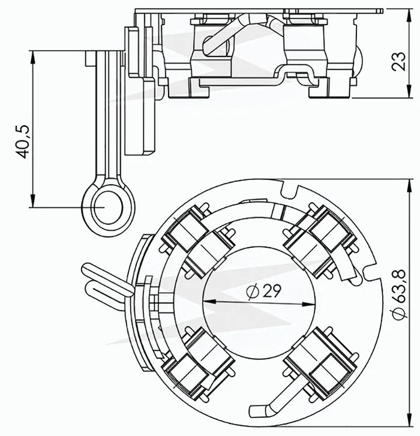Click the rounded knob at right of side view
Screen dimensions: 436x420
pos(358,62)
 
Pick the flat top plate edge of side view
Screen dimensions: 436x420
pos(258,10)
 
